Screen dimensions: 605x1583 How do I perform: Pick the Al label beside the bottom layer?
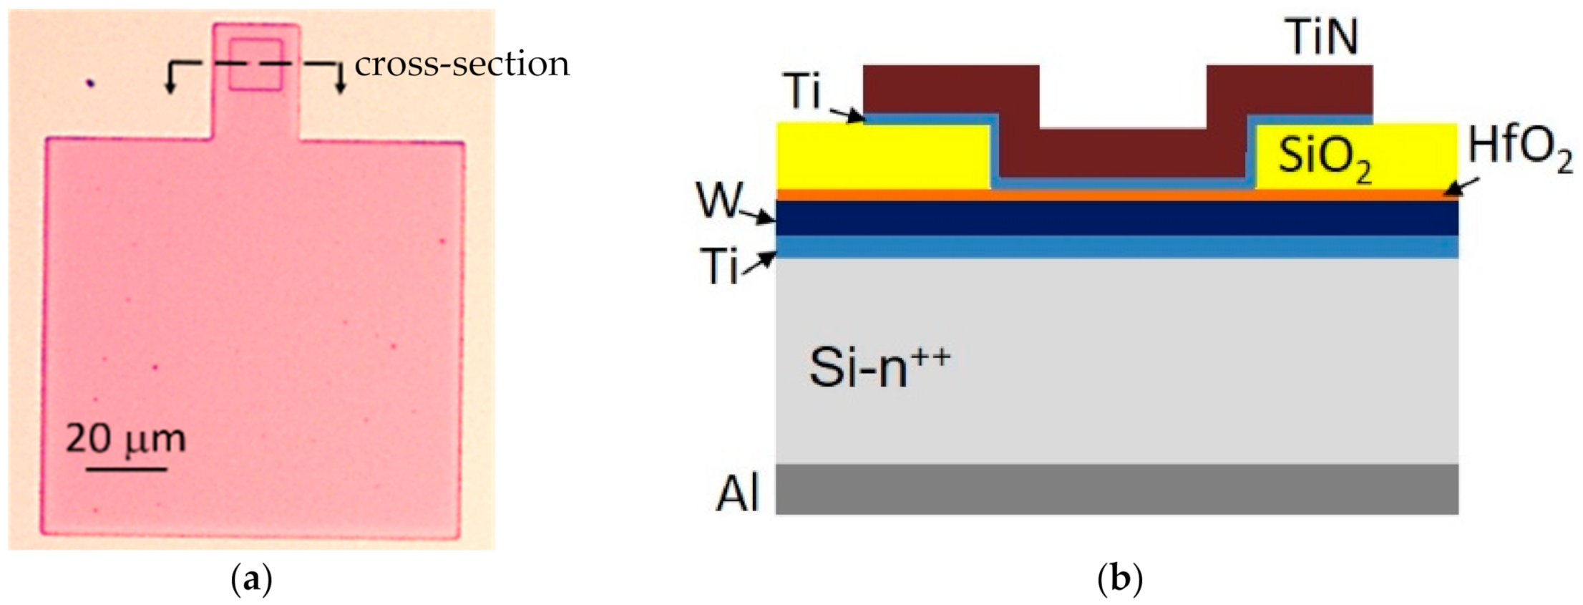[x=737, y=493]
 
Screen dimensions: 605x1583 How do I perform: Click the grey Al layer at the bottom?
[x=1116, y=490]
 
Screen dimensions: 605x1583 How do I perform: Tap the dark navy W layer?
[x=1116, y=218]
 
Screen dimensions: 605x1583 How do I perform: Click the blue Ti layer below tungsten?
[x=1116, y=247]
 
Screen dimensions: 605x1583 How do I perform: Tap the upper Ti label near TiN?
[x=804, y=92]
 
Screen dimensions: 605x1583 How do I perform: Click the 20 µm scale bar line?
[x=127, y=470]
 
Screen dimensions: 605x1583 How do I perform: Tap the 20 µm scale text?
[x=125, y=438]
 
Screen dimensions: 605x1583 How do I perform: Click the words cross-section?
[x=462, y=64]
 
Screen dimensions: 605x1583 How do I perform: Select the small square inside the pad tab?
[x=255, y=64]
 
